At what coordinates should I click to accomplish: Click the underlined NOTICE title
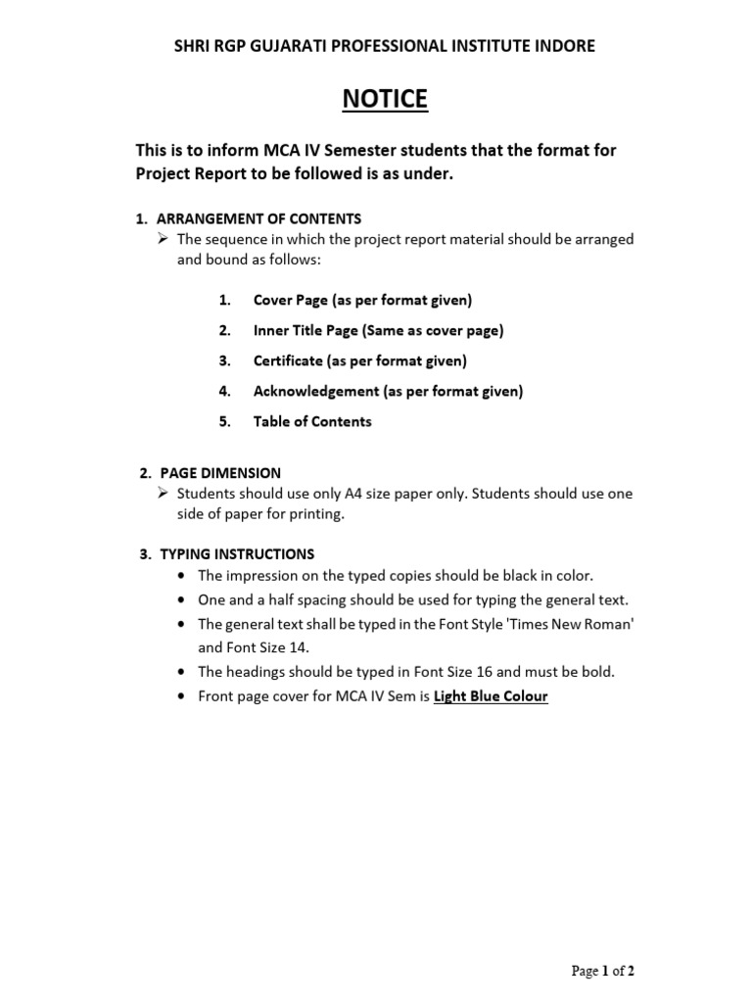(384, 99)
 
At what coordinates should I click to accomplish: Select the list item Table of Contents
(312, 421)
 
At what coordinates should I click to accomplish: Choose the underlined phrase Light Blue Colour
(491, 696)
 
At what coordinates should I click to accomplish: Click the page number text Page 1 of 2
(603, 971)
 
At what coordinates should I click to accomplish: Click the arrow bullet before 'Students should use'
(164, 494)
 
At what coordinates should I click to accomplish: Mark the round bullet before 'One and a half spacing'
(183, 600)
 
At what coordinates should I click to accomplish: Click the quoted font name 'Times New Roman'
(561, 624)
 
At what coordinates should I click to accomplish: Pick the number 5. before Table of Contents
(224, 421)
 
